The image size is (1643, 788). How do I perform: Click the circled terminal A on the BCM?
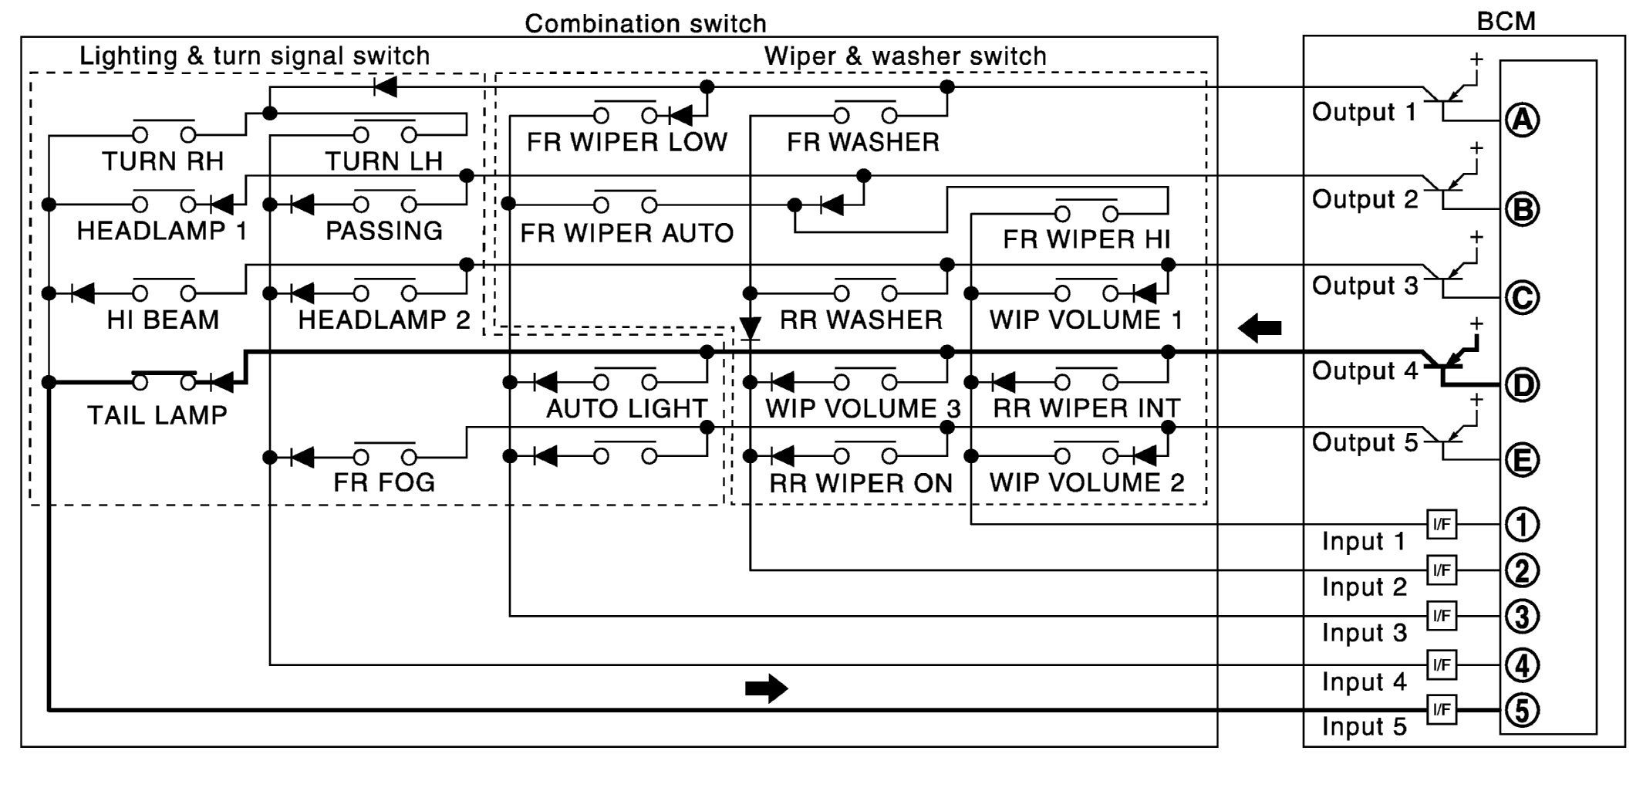point(1522,120)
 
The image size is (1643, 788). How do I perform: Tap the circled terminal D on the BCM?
point(1522,385)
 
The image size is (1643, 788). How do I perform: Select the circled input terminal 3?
point(1522,617)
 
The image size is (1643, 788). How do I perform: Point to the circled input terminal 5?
point(1522,711)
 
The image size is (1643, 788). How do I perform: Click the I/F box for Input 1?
point(1442,525)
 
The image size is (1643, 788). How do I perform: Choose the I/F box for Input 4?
point(1442,665)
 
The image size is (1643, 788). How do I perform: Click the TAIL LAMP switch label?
point(157,415)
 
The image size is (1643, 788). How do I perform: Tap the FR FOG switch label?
point(384,482)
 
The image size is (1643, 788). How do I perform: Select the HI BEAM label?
point(163,320)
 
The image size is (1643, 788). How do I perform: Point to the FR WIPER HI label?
point(1086,240)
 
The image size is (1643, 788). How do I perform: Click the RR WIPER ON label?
point(861,483)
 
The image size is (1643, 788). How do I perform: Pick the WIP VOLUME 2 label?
point(1086,482)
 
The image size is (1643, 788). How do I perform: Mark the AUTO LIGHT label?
point(626,408)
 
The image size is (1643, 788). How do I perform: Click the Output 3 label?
point(1365,286)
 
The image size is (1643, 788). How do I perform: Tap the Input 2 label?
point(1364,587)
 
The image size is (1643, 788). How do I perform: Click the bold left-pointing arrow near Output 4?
point(1260,328)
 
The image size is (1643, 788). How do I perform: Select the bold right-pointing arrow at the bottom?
point(766,688)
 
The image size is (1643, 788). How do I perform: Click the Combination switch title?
point(646,23)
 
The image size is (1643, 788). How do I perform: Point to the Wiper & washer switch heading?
point(905,56)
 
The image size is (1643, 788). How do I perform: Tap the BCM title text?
point(1506,21)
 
